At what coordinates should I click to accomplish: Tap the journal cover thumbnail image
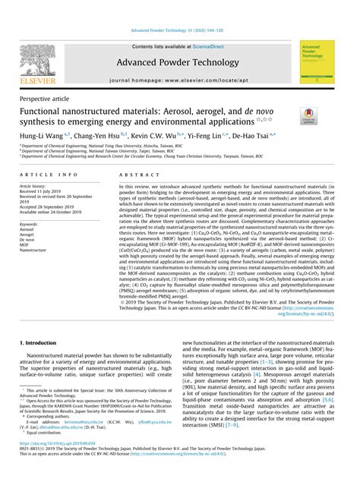click(x=318, y=61)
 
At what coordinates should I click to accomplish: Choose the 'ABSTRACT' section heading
click(x=133, y=174)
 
